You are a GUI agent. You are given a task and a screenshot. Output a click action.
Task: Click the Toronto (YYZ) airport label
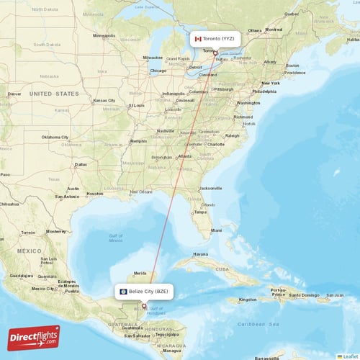tap(217, 38)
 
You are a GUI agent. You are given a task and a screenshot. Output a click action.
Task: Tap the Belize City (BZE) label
tap(146, 291)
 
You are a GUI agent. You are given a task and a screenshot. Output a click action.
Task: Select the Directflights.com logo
tap(33, 337)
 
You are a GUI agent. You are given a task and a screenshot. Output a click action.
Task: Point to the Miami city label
tap(217, 230)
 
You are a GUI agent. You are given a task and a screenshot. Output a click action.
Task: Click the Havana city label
tap(199, 254)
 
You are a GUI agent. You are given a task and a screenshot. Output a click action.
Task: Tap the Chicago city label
tap(158, 71)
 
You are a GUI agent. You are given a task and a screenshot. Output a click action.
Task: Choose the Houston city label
tap(94, 194)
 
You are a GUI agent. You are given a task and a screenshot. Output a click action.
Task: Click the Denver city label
tap(14, 94)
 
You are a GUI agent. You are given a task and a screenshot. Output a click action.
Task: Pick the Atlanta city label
tap(185, 156)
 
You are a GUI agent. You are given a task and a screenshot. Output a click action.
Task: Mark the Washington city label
tap(248, 103)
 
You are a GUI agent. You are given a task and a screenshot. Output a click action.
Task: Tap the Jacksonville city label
tap(211, 188)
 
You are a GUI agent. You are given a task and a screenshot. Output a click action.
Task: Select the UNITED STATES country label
tap(54, 94)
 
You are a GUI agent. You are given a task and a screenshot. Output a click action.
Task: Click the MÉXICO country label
tap(29, 251)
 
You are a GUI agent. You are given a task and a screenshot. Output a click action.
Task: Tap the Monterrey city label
tap(55, 232)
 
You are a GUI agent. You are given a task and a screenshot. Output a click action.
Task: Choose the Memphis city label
tap(138, 141)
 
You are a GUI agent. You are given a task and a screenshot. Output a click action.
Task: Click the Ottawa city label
tap(256, 30)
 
